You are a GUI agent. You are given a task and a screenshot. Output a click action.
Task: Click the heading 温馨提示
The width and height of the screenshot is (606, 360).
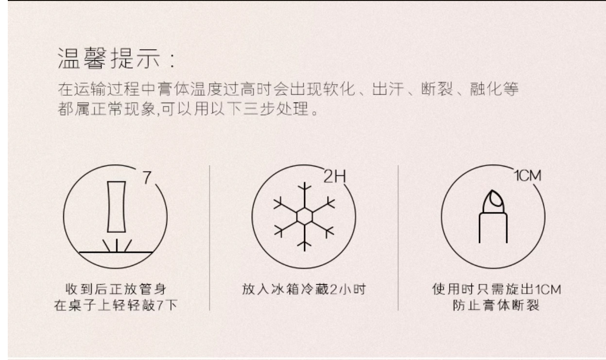109,58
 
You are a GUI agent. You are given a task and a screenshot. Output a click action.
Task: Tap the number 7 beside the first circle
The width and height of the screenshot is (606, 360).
147,177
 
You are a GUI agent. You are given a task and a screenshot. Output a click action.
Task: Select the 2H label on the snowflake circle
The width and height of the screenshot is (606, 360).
335,176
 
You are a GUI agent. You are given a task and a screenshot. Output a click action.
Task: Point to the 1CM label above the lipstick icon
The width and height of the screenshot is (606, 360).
528,176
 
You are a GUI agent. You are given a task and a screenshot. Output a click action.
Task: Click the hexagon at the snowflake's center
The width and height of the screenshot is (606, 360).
305,216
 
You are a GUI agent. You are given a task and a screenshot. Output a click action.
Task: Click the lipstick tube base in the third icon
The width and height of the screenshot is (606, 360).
493,228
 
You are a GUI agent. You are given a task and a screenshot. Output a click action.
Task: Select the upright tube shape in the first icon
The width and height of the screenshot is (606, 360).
116,207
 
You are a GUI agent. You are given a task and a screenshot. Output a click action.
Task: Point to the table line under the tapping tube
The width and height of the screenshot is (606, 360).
116,252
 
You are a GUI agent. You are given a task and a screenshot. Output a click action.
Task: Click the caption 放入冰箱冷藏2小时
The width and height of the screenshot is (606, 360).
304,289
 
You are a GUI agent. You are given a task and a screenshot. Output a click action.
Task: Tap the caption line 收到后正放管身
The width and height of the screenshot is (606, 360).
116,289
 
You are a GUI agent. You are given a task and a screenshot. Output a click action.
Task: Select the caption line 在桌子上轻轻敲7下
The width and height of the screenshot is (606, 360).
116,306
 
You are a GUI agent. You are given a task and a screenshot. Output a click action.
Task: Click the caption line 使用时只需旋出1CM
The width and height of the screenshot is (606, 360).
497,289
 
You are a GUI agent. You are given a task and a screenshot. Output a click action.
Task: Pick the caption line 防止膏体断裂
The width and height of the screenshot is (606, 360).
497,306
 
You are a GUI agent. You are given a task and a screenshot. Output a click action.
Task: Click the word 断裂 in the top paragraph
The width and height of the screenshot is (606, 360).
437,89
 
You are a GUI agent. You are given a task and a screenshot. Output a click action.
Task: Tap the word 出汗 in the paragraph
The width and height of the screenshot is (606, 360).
388,89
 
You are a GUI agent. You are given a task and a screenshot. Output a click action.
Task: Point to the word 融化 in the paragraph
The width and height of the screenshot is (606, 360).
486,89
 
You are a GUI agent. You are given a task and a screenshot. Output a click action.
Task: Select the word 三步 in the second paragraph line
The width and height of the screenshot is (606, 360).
259,109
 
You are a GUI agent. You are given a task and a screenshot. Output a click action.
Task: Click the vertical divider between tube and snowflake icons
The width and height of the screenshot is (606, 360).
209,238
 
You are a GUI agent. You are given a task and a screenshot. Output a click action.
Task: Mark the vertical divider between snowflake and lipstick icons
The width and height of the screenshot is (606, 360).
398,238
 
